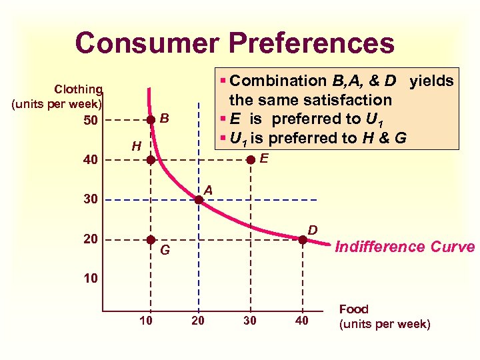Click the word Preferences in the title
311,43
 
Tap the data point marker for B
151,120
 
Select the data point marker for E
250,160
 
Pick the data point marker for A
199,198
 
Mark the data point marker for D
302,239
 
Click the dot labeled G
151,239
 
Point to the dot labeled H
151,160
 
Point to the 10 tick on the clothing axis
90,278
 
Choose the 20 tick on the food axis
197,322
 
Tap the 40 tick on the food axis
302,322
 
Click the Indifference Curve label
404,247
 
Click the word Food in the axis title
353,309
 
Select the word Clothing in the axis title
78,89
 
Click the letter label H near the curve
135,145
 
